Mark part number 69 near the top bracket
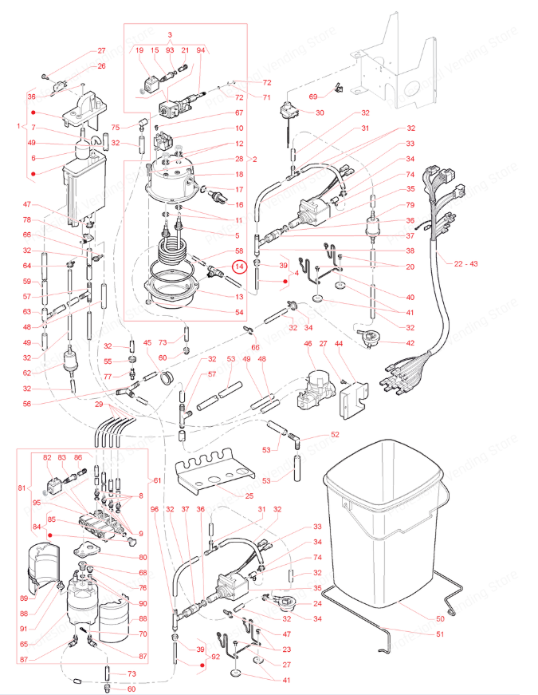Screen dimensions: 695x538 (312, 97)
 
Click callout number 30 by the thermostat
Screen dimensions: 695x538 (320, 113)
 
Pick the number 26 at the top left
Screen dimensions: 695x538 (101, 66)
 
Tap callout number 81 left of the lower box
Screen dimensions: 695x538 (22, 488)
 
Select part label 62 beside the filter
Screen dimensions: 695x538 (26, 373)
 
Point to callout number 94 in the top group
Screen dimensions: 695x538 (200, 49)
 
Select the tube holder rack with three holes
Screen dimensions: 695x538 (211, 477)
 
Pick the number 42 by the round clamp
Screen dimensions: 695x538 (410, 343)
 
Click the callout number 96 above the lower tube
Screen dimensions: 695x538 (155, 510)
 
